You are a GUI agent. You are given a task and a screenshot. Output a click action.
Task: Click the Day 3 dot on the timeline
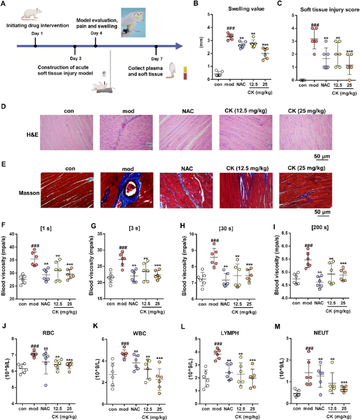75,45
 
